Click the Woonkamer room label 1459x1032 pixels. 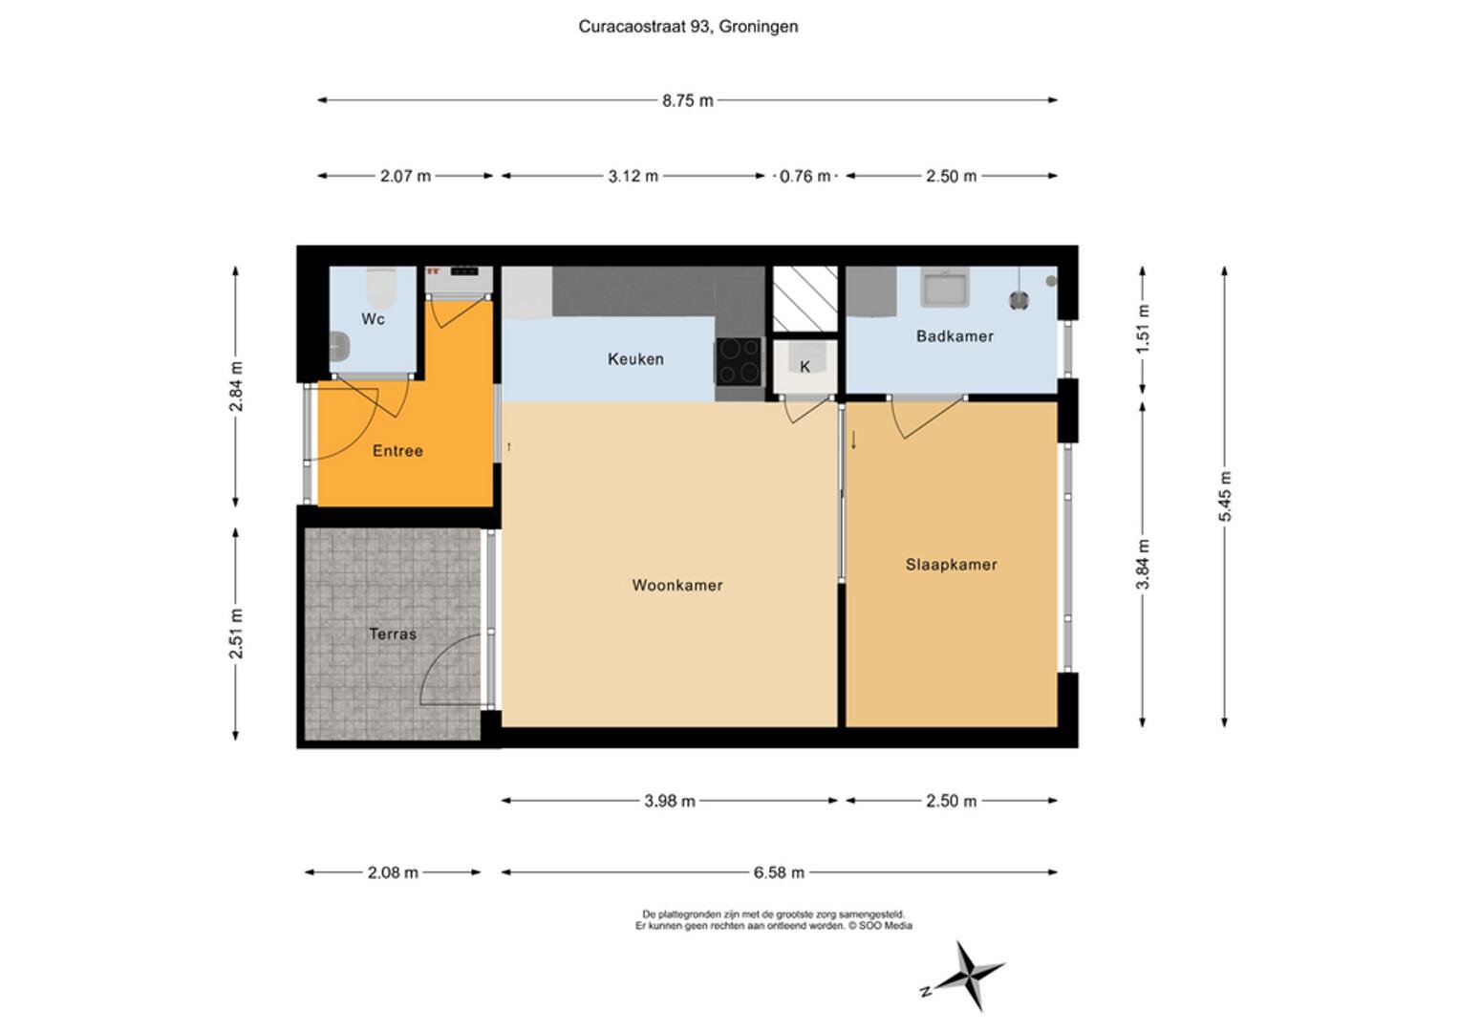(x=676, y=585)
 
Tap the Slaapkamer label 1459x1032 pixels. (x=951, y=565)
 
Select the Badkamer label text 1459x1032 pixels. (x=955, y=336)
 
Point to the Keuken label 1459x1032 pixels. (x=635, y=359)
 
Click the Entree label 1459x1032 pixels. (x=397, y=451)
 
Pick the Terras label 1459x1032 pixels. (x=393, y=634)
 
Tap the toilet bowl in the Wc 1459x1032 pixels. (x=380, y=284)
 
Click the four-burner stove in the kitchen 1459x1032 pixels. (x=740, y=361)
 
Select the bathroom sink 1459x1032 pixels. (x=944, y=287)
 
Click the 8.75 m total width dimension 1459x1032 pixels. (x=687, y=100)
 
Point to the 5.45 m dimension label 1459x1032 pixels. (x=1225, y=497)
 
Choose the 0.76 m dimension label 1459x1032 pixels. (x=805, y=176)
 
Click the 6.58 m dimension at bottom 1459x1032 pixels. (x=779, y=872)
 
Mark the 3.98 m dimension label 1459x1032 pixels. (x=669, y=801)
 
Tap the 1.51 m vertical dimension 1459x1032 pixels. (x=1144, y=328)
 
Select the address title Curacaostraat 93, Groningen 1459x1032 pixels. (x=688, y=27)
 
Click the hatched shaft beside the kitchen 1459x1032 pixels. (x=805, y=299)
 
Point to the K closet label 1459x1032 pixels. (x=805, y=367)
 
